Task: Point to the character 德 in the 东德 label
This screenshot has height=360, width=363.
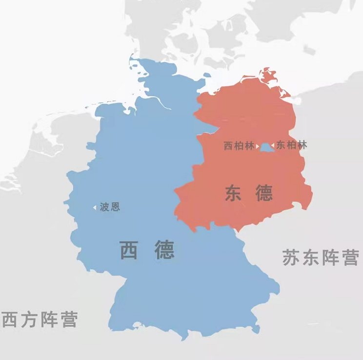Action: [263, 194]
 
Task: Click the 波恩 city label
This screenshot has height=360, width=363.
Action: [110, 207]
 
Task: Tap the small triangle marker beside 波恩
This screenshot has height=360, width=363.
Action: [95, 208]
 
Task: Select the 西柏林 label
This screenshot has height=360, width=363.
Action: [239, 146]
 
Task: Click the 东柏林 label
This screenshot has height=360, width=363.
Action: [292, 145]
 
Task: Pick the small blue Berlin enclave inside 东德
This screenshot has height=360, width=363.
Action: [265, 147]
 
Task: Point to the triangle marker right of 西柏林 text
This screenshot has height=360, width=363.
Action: [257, 146]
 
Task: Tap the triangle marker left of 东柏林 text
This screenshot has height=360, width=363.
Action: [273, 146]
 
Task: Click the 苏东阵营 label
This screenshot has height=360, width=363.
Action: [320, 257]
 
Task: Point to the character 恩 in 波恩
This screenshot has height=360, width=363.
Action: [115, 207]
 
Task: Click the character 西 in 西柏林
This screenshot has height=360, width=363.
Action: [228, 146]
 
